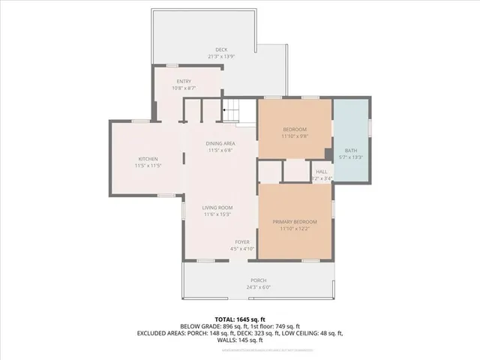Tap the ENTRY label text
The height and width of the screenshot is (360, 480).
184,82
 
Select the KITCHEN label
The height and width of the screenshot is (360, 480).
146,158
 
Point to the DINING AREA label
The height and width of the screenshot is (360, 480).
221,143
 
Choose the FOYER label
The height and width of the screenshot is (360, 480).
241,242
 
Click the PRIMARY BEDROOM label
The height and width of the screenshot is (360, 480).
295,222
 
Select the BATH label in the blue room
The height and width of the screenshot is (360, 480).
351,151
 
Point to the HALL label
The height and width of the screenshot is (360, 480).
321,171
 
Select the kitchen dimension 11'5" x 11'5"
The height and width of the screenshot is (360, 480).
146,165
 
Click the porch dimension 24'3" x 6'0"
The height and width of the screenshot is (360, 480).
257,286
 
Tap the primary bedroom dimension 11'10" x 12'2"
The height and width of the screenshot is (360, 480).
295,229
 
